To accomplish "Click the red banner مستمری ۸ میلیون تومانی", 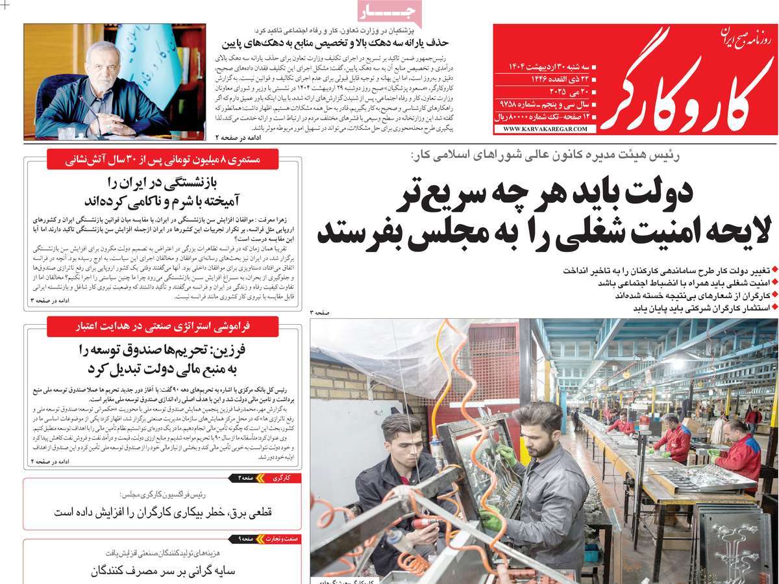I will [x=162, y=159].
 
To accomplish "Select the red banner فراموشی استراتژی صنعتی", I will [x=162, y=326].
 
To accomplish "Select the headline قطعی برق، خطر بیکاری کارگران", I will [x=162, y=512].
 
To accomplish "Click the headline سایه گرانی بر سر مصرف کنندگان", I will [x=162, y=572].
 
